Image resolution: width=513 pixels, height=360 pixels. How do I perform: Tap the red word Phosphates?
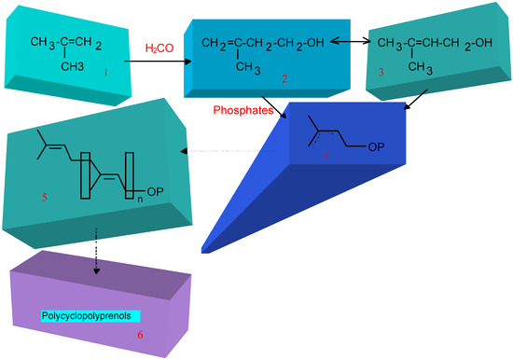246,109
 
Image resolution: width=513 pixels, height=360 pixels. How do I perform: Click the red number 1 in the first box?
106,71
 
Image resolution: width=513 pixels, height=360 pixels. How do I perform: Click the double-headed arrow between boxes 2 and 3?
352,43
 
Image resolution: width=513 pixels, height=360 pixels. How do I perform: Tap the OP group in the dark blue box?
378,143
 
